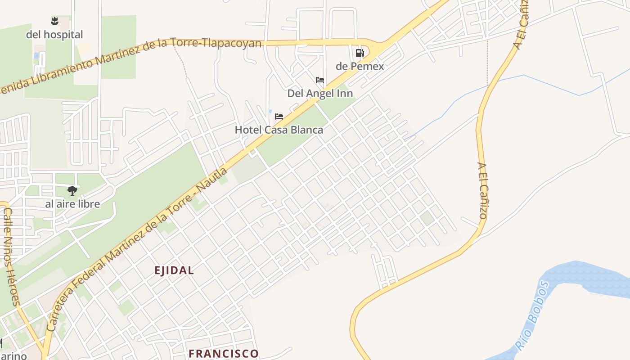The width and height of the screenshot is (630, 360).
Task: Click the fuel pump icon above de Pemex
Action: [360, 53]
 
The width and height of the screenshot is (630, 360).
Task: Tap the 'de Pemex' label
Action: [360, 66]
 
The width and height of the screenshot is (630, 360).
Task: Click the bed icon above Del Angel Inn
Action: [320, 80]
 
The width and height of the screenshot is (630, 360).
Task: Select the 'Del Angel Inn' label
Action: [320, 94]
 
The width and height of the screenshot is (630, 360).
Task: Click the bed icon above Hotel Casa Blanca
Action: [279, 117]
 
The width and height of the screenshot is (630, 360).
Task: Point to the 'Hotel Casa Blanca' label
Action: [279, 130]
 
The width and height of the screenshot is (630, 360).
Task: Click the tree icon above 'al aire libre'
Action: [72, 191]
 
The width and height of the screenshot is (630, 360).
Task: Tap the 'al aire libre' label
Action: [72, 204]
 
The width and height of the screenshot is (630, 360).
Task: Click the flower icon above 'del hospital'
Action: [54, 21]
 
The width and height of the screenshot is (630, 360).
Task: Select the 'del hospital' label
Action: [54, 35]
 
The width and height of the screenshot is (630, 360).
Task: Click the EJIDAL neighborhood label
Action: [174, 270]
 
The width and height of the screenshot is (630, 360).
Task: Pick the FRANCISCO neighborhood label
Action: [224, 354]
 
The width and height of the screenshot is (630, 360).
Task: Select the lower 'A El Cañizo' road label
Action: [482, 191]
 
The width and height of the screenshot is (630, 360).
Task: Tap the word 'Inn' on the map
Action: [343, 94]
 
